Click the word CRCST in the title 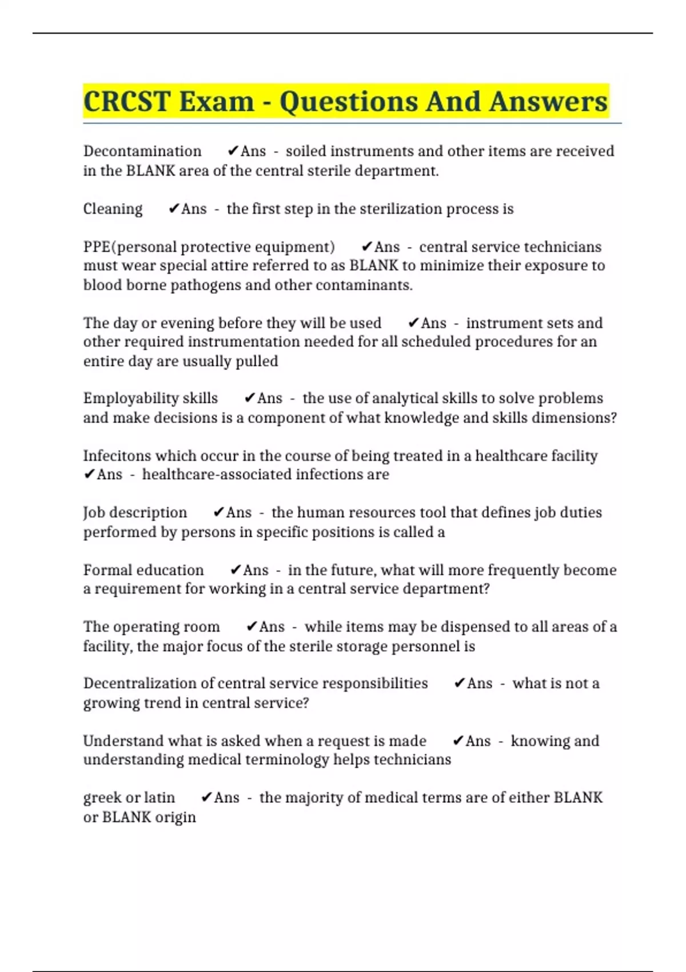127,102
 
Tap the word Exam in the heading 217,102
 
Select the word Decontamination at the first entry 142,151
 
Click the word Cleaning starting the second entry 113,209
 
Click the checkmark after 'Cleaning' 174,209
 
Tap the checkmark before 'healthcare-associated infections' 89,475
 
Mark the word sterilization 387,209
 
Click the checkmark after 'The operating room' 252,627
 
